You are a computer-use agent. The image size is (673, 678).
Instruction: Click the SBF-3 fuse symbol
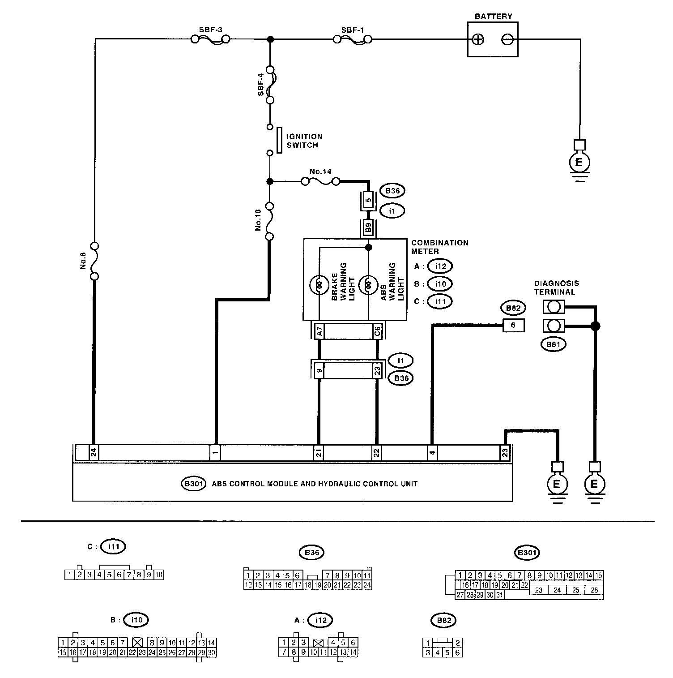(x=210, y=40)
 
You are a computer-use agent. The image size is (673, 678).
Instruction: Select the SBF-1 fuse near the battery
(x=353, y=40)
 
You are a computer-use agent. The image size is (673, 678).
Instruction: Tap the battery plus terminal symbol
(x=479, y=39)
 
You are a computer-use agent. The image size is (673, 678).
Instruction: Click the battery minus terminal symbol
(x=507, y=39)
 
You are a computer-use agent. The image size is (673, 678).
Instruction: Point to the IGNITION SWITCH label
(x=305, y=141)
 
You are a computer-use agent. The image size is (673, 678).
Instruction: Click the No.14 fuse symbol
(x=320, y=181)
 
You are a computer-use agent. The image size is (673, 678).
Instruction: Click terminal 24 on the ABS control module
(x=94, y=453)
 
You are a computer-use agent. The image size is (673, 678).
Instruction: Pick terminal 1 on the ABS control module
(x=215, y=453)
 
